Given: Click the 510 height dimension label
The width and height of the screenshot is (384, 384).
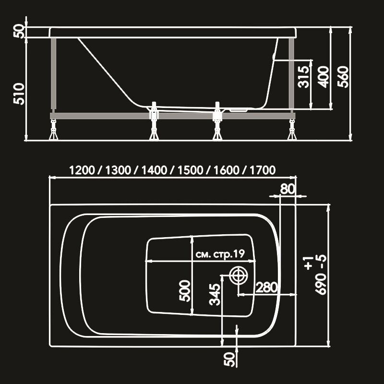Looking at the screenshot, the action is point(19,94).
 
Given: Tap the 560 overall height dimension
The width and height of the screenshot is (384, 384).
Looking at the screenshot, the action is point(343,77).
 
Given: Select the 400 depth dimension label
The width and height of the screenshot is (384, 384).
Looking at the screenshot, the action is point(323,77).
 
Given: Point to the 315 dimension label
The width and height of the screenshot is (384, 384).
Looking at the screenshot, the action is point(304,77).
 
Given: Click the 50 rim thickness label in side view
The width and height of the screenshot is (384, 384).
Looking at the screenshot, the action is point(19,31).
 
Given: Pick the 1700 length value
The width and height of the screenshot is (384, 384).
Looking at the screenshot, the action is point(263,170).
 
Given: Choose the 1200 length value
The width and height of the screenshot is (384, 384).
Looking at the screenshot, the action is point(82,170).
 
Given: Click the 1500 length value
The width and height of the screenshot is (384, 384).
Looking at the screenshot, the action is point(190,170).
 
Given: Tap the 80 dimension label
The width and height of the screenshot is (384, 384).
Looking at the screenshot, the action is point(288,189).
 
